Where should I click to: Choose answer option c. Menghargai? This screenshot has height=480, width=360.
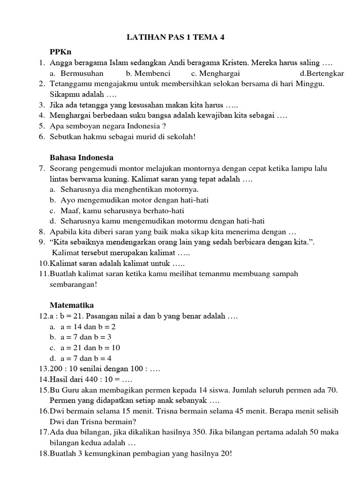(x=216, y=73)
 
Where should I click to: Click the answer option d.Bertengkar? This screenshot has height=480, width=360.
(x=322, y=73)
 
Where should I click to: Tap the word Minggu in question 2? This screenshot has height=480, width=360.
(x=312, y=83)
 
